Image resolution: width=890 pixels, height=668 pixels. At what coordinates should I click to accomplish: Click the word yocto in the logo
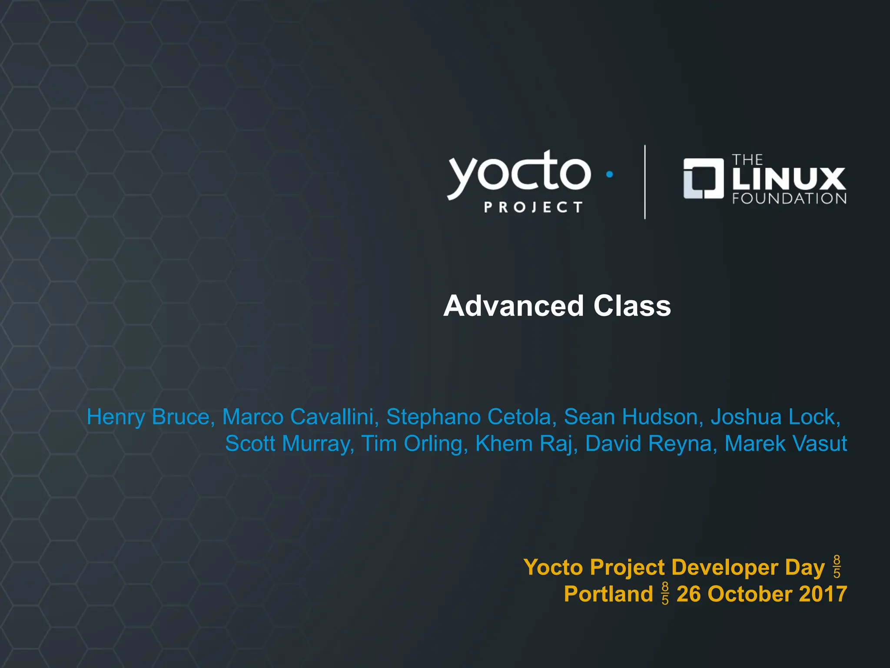pyautogui.click(x=519, y=174)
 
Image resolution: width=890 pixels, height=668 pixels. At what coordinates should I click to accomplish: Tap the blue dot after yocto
pyautogui.click(x=609, y=174)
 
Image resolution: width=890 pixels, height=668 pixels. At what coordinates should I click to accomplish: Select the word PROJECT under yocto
pyautogui.click(x=533, y=207)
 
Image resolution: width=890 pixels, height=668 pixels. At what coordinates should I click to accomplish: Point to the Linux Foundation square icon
pyautogui.click(x=703, y=178)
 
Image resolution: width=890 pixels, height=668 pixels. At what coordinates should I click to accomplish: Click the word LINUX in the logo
pyautogui.click(x=789, y=179)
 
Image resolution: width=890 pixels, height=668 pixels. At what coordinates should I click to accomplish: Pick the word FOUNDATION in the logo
pyautogui.click(x=789, y=199)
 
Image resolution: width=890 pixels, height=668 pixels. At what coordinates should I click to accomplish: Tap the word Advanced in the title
pyautogui.click(x=513, y=306)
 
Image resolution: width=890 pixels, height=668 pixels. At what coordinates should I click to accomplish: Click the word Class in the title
pyautogui.click(x=632, y=306)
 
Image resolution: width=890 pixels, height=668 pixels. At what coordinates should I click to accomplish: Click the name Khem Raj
pyautogui.click(x=526, y=444)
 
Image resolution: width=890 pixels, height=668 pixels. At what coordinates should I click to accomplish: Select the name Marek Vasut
pyautogui.click(x=786, y=444)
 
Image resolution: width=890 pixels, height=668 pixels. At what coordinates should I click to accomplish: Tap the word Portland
pyautogui.click(x=608, y=594)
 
